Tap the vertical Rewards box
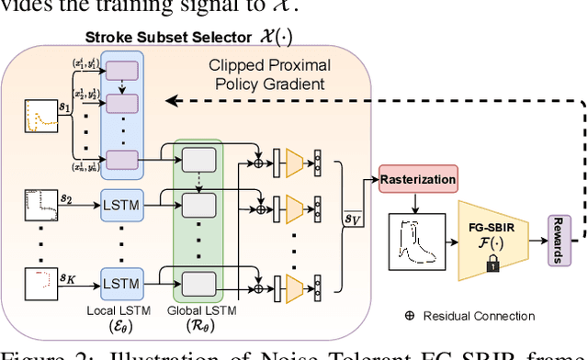(557, 242)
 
